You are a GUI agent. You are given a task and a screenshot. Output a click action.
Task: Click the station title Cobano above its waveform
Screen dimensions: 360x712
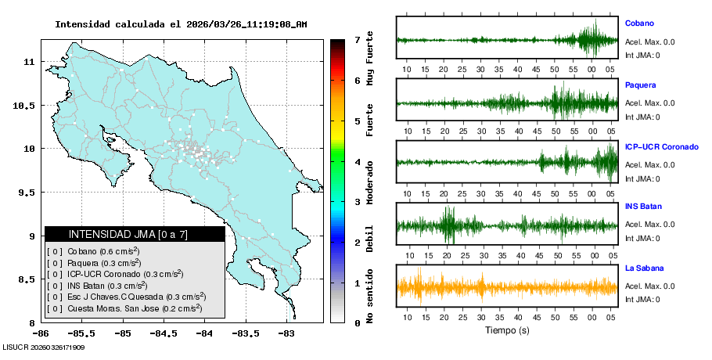[x=639, y=23]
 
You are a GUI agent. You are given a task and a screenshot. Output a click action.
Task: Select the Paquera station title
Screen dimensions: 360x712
[x=640, y=85]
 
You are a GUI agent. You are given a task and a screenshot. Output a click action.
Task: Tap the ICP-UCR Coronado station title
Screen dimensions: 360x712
[x=661, y=146]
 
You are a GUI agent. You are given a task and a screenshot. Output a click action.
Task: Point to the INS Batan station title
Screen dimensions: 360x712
[x=643, y=207]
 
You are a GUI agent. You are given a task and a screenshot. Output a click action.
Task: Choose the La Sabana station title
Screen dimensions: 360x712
[x=643, y=268]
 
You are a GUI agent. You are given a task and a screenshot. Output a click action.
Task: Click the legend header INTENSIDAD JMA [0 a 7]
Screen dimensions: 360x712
[x=135, y=234]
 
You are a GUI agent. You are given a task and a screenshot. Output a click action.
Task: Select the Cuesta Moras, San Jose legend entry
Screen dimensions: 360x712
[x=125, y=308]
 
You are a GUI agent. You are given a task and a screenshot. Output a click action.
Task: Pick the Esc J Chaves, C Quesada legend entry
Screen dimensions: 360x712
[x=128, y=297]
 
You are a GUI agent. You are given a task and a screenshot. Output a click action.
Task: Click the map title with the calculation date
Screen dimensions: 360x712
[x=181, y=24]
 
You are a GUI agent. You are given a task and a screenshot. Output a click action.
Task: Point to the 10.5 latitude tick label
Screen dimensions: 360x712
[x=25, y=105]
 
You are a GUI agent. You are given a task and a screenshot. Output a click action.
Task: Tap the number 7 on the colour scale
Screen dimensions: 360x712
[x=357, y=39]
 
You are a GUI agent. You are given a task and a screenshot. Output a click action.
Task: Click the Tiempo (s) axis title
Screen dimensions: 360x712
[x=506, y=330]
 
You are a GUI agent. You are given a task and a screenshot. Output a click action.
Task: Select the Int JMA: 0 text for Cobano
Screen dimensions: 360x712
[x=642, y=55]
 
